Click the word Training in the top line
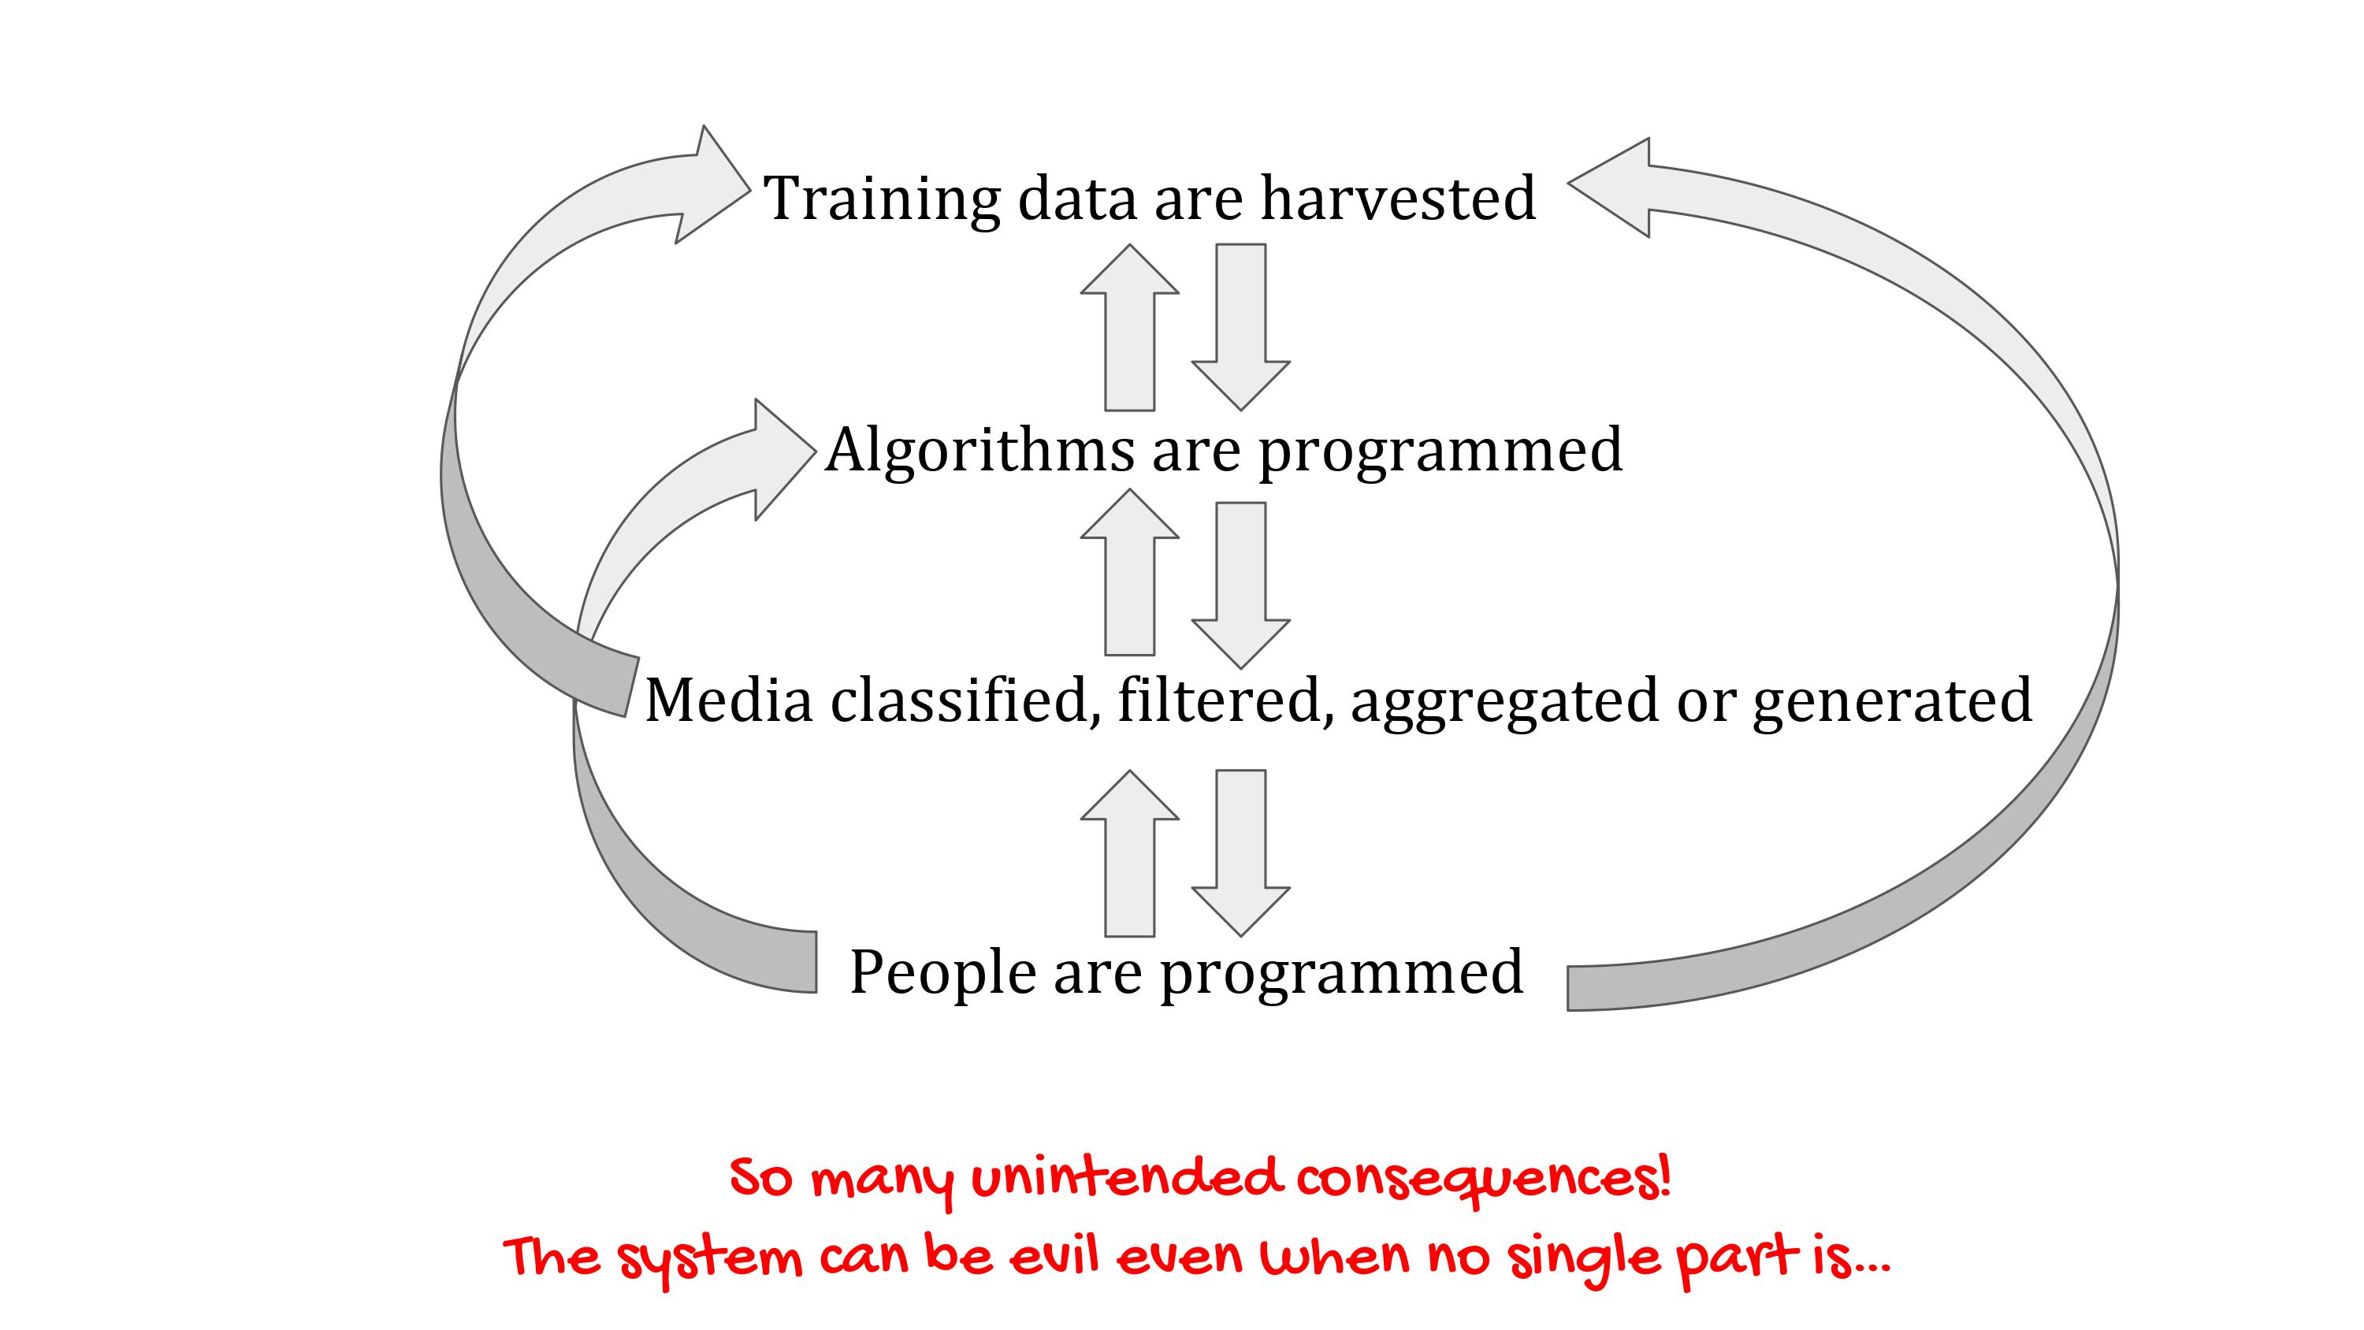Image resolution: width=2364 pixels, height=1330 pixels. pos(882,200)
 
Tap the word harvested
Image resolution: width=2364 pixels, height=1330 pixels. pos(1398,199)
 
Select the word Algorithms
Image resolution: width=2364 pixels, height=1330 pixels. pos(979,451)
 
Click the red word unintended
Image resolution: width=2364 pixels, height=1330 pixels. pos(1126,1179)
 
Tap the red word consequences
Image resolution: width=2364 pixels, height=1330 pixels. pos(1483,1180)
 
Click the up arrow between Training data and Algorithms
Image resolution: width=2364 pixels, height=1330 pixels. pos(1130,327)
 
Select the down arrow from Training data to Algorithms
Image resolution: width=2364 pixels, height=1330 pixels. pos(1241,327)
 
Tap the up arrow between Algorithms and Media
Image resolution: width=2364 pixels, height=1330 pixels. pos(1130,572)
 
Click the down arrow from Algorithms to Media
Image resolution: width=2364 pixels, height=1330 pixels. pos(1241,585)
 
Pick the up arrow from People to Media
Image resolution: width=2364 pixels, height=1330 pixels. pos(1130,853)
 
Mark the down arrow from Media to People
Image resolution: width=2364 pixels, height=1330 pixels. pos(1241,853)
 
